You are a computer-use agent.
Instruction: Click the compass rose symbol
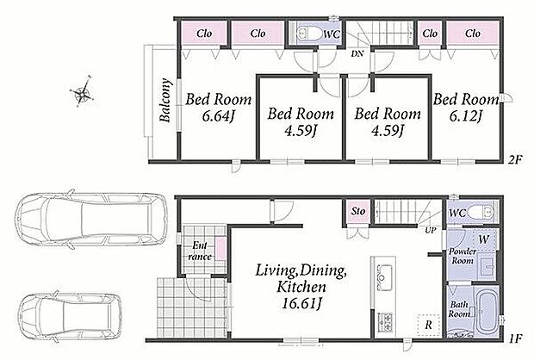pos(82,91)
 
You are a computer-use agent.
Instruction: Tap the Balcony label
pos(165,100)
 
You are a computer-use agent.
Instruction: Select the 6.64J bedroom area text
pos(218,116)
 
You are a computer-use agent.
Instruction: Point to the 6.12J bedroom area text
pos(465,116)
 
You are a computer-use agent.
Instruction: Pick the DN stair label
pos(357,53)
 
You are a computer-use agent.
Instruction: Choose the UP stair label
pos(431,230)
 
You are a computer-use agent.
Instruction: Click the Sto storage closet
pos(358,212)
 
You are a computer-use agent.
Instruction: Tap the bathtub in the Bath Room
pos(488,310)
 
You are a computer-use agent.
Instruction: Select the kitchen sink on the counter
pos(385,277)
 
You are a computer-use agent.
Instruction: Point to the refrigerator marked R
pos(429,325)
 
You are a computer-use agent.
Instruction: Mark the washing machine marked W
pos(484,239)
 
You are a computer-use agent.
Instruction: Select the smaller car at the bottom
pos(70,316)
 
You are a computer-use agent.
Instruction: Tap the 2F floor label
pos(515,159)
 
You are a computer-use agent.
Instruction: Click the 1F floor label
pos(516,338)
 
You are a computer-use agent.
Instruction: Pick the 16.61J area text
pos(302,303)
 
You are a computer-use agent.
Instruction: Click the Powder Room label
pos(463,256)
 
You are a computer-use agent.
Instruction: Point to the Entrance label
pos(200,251)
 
